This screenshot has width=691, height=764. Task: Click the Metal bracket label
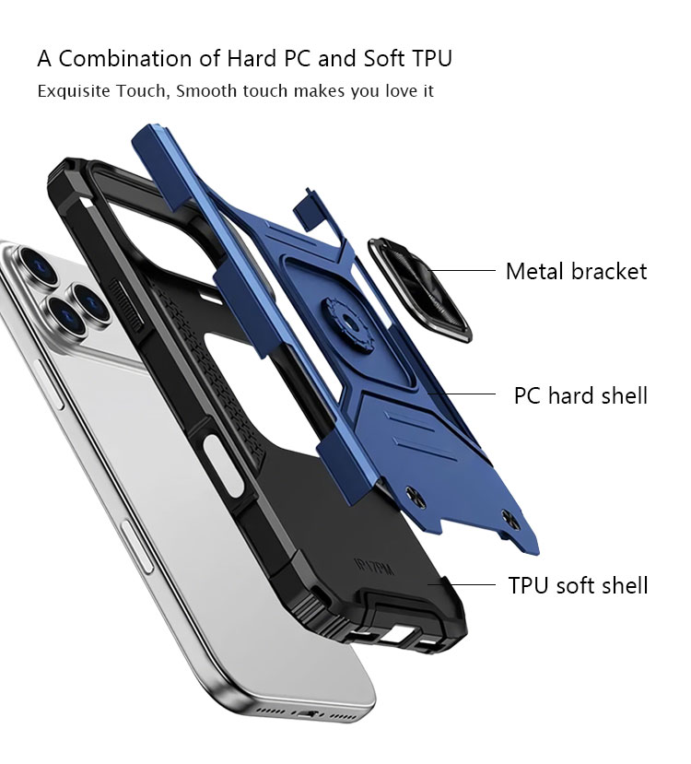[x=576, y=271]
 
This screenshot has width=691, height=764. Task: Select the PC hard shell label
[x=580, y=396]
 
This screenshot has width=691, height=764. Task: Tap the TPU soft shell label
[x=578, y=585]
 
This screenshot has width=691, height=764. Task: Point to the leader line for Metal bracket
[x=462, y=270]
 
